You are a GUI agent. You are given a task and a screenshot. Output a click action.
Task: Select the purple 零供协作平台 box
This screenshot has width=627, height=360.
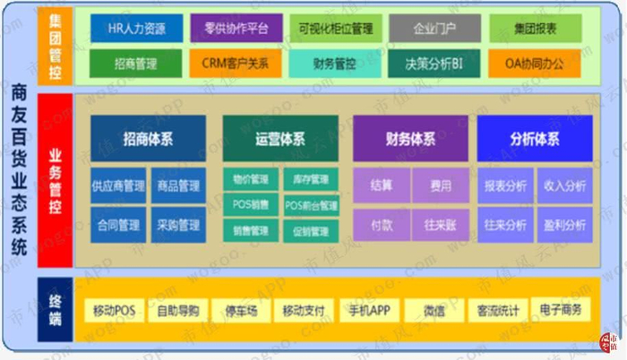point(236,28)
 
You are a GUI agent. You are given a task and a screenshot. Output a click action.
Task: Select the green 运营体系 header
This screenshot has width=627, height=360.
point(280,139)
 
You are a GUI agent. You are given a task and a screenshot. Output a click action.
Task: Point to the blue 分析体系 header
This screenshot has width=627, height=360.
point(535,139)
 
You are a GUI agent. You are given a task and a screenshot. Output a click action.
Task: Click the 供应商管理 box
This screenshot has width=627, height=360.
point(118,187)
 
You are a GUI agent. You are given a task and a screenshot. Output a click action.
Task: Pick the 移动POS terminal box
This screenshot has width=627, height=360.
point(114,311)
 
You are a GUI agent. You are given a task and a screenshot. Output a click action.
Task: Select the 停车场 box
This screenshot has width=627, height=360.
point(240,311)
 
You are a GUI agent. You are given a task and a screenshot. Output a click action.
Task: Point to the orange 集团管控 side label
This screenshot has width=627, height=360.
point(55,41)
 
